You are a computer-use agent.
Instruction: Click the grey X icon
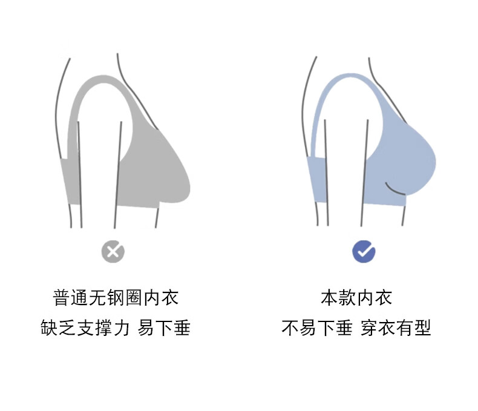click(x=113, y=251)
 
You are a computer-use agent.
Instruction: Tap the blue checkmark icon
click(x=364, y=251)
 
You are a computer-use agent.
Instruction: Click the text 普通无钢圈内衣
click(x=116, y=297)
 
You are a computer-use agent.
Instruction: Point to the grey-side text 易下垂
click(x=164, y=328)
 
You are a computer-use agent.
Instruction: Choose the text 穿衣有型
click(x=396, y=328)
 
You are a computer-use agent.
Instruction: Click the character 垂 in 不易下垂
click(x=344, y=328)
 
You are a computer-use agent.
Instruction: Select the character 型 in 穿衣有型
click(x=422, y=328)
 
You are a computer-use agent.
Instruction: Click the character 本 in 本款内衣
click(x=329, y=297)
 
